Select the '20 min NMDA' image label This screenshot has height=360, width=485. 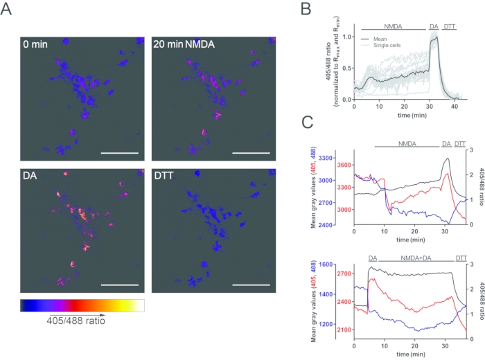[x=184, y=45]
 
